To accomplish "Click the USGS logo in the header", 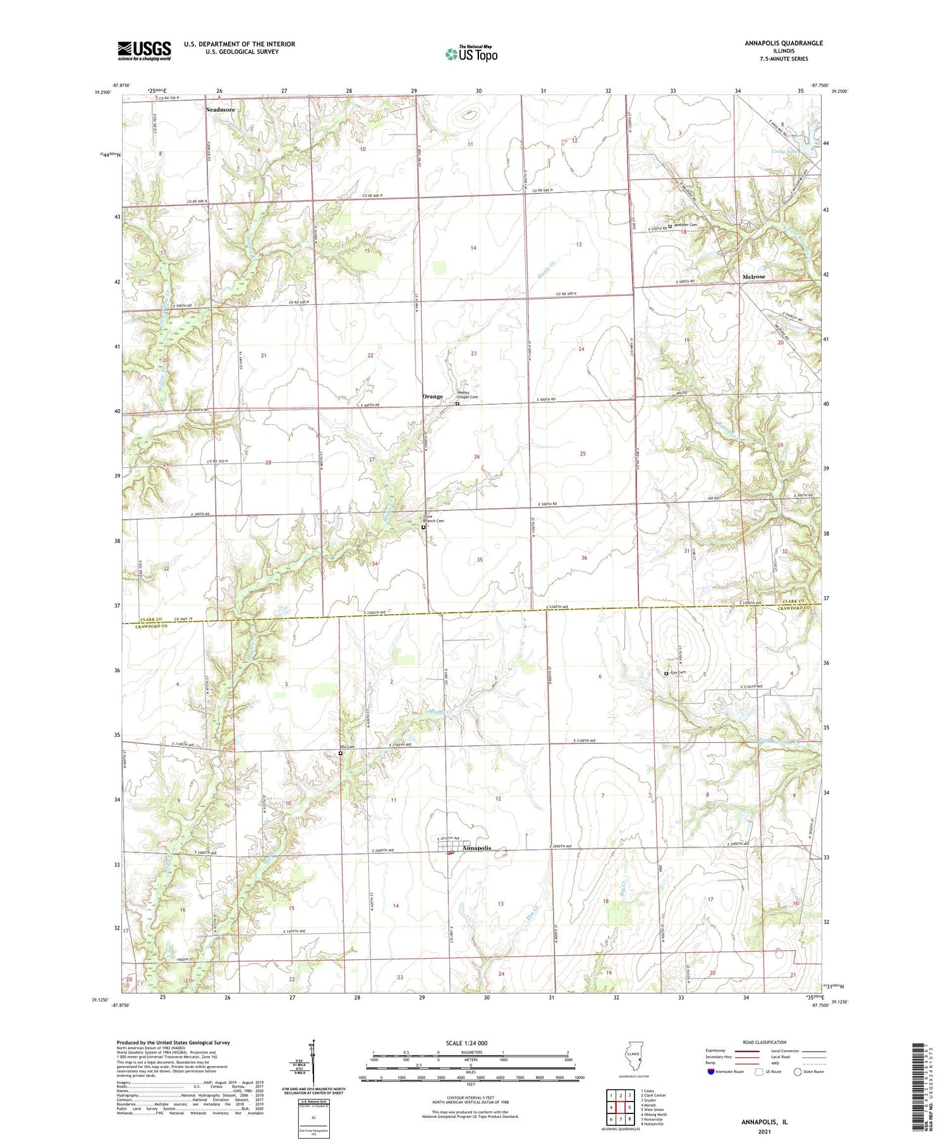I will (144, 51).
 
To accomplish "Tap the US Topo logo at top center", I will (471, 54).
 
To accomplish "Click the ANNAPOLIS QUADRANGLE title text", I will (783, 43).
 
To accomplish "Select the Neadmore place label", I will (220, 110).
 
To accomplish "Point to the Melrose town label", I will (753, 277).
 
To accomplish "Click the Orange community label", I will (433, 397).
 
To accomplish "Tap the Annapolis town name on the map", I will (477, 848).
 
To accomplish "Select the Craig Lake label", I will (784, 152).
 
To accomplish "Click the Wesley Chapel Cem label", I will (467, 395).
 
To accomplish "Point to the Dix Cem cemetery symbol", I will (340, 753).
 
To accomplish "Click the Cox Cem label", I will (678, 673).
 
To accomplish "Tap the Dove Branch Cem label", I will (434, 519).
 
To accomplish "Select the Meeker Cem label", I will (685, 225).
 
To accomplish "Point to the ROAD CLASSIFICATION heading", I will (765, 1043).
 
